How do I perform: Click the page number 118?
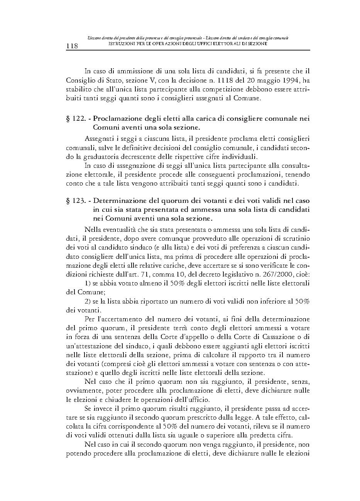[72, 46]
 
